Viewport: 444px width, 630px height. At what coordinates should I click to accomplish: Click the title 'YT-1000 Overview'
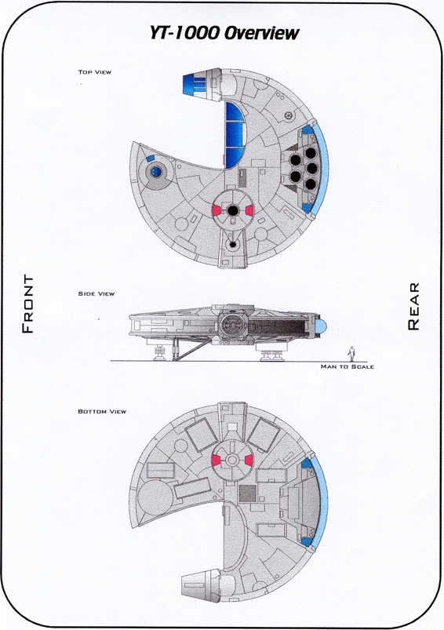pos(224,34)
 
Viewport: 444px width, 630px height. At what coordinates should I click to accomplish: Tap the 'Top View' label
pos(94,72)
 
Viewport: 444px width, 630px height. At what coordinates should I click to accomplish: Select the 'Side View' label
pos(96,293)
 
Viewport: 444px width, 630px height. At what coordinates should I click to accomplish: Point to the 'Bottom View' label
pos(102,411)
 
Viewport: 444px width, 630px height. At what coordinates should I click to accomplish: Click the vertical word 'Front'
pos(27,304)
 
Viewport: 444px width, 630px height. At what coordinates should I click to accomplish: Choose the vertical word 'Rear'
pos(413,307)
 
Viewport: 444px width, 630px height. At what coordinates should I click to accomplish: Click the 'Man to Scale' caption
pos(348,366)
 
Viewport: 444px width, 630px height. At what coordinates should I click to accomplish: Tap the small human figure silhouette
pos(351,353)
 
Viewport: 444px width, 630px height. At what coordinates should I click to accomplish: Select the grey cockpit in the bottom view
pos(200,585)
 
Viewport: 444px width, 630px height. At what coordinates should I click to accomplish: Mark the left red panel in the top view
pos(217,209)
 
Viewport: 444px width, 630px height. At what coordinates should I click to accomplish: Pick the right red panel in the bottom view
pos(249,461)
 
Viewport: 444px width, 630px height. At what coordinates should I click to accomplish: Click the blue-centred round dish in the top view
pos(156,173)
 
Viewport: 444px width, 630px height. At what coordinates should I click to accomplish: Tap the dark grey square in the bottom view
pos(248,493)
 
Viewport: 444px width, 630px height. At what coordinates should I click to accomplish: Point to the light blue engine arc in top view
pos(323,169)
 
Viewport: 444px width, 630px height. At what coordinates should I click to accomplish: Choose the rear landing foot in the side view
pos(272,355)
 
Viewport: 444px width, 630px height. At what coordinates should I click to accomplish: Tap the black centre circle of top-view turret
pos(233,209)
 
